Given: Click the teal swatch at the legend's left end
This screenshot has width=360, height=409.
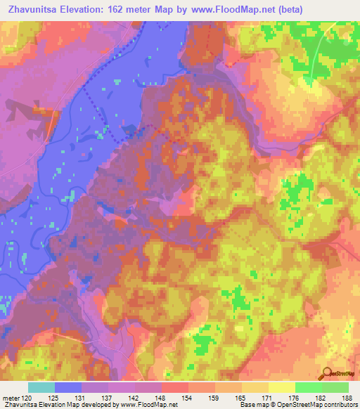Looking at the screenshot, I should pos(41,387).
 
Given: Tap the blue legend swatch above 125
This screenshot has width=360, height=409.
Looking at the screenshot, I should pos(68,387).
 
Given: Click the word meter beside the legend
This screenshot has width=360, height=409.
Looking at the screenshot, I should pos(10,397).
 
